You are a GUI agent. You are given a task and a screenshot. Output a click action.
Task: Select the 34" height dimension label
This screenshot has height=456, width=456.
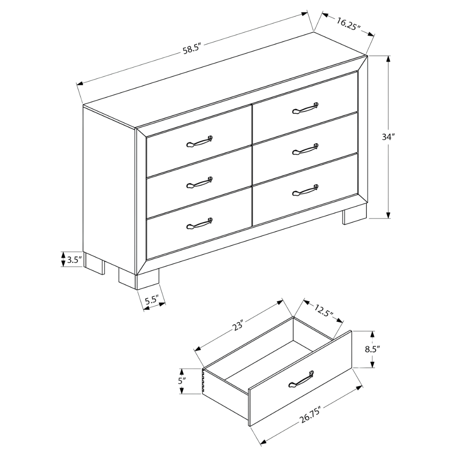pos(388,137)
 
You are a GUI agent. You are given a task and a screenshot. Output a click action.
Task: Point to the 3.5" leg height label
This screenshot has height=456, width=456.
pos(74,259)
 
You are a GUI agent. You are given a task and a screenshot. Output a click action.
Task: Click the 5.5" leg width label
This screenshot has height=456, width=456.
pos(152,301)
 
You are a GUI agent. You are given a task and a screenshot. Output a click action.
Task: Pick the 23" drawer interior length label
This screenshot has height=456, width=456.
pos(238,326)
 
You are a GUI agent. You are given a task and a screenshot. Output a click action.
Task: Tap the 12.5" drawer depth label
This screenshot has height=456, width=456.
pos(323,311)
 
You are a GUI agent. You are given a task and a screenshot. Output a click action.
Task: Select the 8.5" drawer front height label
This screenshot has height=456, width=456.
pos(373,349)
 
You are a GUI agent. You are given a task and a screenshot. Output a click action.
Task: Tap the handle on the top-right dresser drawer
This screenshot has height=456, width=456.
pos(305,108)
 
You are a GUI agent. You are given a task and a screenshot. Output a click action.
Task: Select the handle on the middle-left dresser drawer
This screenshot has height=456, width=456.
pos(199,182)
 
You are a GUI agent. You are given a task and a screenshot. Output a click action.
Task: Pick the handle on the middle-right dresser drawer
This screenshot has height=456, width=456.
pos(305,149)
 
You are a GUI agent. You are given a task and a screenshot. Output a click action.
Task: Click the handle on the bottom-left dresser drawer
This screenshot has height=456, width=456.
pos(199,223)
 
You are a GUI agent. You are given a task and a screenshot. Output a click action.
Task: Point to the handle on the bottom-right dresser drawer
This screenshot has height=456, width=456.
pos(305,190)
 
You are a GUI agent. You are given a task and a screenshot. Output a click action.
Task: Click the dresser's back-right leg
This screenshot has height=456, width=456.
pos(355,214)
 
